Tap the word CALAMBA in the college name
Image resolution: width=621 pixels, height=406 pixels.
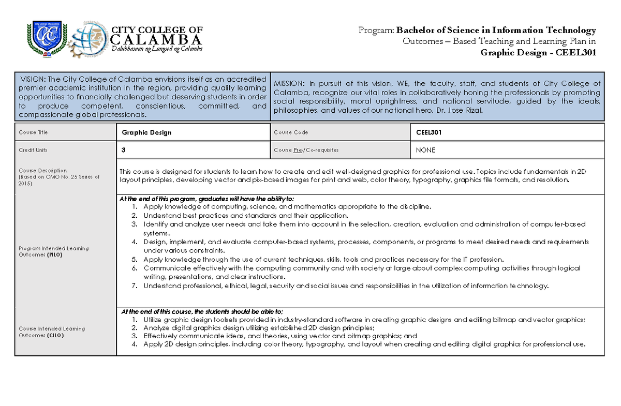tap(157, 40)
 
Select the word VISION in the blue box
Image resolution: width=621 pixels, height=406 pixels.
tap(33, 79)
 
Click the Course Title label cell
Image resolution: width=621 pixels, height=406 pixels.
tap(33, 132)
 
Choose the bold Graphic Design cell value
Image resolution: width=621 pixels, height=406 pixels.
tap(146, 132)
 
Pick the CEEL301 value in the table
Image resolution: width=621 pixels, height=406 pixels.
tap(429, 132)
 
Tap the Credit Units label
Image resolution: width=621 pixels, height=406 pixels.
tap(33, 150)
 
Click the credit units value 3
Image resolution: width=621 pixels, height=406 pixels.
tap(124, 150)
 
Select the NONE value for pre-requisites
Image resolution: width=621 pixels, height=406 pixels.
tap(426, 150)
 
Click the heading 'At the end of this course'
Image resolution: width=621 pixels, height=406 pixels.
tap(202, 311)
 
